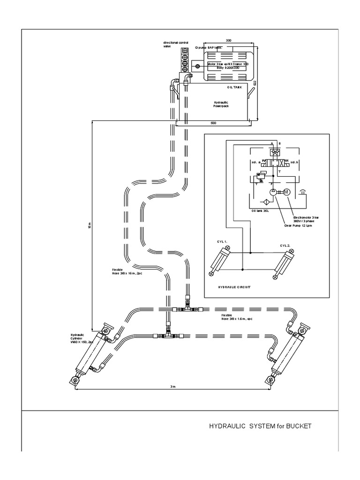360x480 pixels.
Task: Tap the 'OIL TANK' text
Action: click(234, 88)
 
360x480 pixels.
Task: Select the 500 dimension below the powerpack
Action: click(213, 123)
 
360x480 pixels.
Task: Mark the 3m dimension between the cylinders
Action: click(172, 386)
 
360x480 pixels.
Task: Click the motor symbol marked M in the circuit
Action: click(286, 192)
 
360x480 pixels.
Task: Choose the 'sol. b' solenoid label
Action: click(295, 162)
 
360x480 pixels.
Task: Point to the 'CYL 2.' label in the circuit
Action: click(285, 245)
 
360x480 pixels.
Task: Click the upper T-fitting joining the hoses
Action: click(187, 309)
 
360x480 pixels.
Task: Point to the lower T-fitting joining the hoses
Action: click(168, 335)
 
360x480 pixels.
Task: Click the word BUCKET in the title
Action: click(298, 426)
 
